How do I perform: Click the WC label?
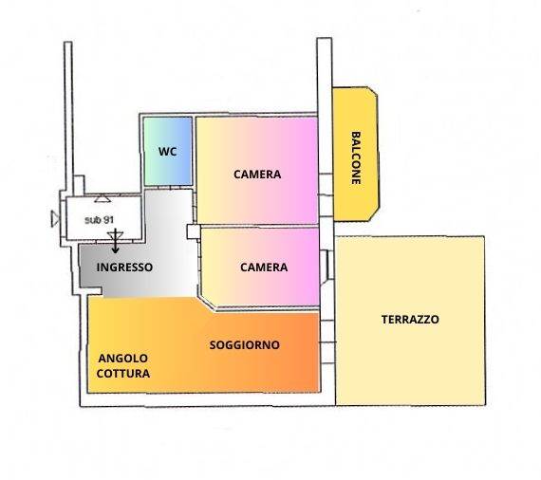pos(168,152)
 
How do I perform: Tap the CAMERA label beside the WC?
pos(257,175)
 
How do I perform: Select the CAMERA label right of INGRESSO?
pos(264,268)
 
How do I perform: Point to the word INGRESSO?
pos(124,268)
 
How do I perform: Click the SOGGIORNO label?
pos(245,345)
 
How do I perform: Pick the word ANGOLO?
pos(123,359)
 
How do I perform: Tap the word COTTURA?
pos(123,373)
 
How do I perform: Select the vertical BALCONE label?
pos(356,157)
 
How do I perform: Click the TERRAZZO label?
pos(410,320)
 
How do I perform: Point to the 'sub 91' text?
pos(100,220)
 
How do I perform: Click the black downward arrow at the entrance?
pos(115,241)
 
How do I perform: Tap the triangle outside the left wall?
pos(55,219)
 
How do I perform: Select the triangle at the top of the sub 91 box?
pos(103,199)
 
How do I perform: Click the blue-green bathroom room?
pos(168,151)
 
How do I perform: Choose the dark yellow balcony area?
pos(355,154)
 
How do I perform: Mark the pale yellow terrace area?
pos(411,321)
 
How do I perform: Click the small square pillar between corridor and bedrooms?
pos(194,231)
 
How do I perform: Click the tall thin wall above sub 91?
pos(68,118)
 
